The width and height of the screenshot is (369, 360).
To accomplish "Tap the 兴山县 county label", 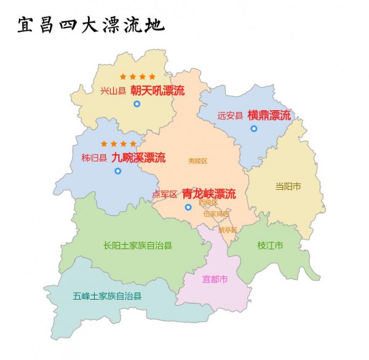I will [x=113, y=91].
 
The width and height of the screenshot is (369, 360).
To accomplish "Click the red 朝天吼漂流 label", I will [x=157, y=90].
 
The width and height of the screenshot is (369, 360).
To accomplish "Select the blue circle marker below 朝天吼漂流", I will [x=137, y=104].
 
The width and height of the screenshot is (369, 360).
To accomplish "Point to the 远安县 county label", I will [x=230, y=115].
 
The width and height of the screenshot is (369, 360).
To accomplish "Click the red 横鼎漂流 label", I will [x=269, y=114].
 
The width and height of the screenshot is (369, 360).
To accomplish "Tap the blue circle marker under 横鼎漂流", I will [x=253, y=129].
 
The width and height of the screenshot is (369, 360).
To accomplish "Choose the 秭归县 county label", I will [x=94, y=158].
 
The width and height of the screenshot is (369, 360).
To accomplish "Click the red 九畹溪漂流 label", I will [x=138, y=157].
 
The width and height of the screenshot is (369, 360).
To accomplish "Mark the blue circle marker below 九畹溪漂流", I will [x=117, y=170].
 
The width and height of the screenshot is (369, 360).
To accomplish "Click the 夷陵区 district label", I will [x=198, y=161].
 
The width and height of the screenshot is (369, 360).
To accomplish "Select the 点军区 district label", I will [x=165, y=194].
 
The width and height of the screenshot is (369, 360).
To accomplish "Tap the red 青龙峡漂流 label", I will [x=208, y=194].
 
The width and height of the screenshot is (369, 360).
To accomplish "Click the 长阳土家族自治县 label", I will [x=138, y=246].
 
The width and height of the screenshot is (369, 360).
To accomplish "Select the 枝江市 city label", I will [x=270, y=246].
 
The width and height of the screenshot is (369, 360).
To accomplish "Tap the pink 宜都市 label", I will [x=215, y=279].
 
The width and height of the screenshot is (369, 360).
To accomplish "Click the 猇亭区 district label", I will [x=228, y=230].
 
